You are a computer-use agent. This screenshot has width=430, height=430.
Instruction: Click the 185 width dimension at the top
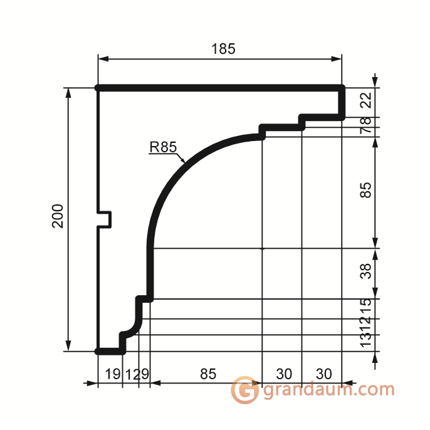223,49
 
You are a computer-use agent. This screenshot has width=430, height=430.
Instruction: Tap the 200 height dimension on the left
58,216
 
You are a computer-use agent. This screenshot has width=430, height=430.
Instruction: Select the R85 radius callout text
163,147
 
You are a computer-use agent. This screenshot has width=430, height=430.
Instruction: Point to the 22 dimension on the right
366,100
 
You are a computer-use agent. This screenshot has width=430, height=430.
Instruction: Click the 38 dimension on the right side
365,271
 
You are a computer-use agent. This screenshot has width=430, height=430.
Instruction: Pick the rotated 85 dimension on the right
365,190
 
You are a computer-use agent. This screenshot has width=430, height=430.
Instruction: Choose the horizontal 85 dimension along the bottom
208,374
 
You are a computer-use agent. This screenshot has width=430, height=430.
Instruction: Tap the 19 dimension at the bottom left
112,374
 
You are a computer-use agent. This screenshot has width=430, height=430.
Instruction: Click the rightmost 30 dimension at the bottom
324,374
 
